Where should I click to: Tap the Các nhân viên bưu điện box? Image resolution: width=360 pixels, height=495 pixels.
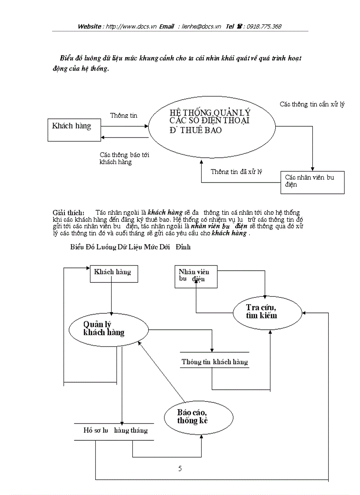click(x=312, y=182)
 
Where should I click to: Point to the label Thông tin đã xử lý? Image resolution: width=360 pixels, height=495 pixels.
click(x=236, y=171)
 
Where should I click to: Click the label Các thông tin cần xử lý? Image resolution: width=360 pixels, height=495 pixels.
click(x=312, y=104)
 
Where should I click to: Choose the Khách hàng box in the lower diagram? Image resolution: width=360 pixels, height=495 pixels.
click(x=113, y=273)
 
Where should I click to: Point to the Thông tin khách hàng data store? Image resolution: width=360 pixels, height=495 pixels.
click(x=215, y=362)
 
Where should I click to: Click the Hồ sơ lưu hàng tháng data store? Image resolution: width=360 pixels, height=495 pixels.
click(x=116, y=430)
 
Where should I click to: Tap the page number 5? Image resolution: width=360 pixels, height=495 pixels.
click(x=180, y=469)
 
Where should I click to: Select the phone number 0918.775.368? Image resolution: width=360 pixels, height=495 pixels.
click(x=264, y=26)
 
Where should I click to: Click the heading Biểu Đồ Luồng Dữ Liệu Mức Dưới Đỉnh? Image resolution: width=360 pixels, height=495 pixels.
click(x=131, y=247)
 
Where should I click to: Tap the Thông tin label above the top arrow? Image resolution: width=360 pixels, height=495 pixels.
click(x=124, y=115)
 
